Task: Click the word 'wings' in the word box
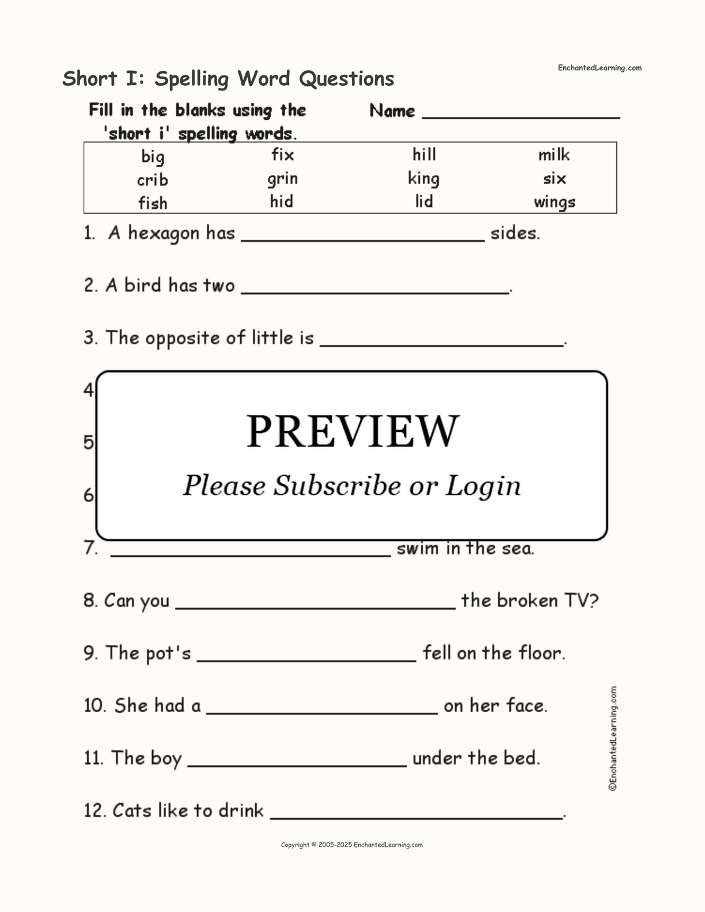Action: tap(554, 202)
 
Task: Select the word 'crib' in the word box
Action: tap(153, 180)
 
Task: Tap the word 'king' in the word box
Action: tap(423, 178)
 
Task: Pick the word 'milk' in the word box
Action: tap(554, 155)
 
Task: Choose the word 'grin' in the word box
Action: tap(282, 178)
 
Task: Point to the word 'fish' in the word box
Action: tap(153, 203)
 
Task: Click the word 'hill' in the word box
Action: tap(424, 154)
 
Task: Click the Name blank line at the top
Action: tap(521, 116)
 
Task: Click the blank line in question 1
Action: tap(363, 239)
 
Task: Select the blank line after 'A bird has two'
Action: tap(375, 291)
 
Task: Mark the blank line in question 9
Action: tap(306, 659)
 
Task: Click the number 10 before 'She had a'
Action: tap(94, 705)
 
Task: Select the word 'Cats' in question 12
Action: tap(130, 811)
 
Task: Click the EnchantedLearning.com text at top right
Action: tap(599, 68)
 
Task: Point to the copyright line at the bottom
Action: tap(351, 845)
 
